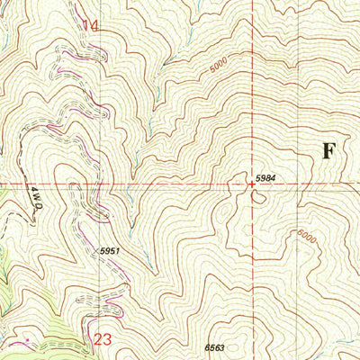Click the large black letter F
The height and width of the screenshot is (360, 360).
329,150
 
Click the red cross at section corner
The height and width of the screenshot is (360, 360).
251,184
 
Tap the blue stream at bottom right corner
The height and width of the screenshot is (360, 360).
346,346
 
